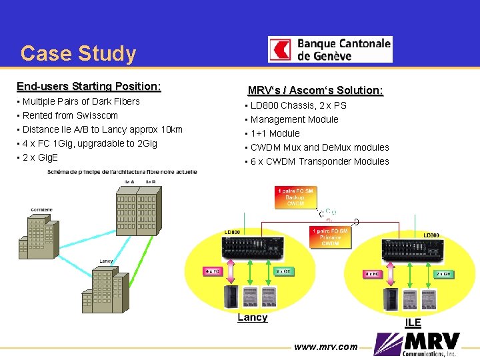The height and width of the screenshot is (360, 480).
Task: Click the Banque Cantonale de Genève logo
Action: [330, 49]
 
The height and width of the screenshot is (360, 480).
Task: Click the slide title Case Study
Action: [78, 53]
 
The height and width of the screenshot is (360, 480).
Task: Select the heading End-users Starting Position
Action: [89, 86]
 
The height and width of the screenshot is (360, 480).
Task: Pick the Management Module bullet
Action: [294, 119]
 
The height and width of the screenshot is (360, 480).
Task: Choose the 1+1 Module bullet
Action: [275, 133]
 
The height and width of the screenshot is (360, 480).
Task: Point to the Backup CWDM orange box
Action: [295, 197]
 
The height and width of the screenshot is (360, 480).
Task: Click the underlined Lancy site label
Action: [252, 317]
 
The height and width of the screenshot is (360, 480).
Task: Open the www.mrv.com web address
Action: [326, 347]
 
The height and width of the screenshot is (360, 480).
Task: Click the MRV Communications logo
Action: [419, 345]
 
